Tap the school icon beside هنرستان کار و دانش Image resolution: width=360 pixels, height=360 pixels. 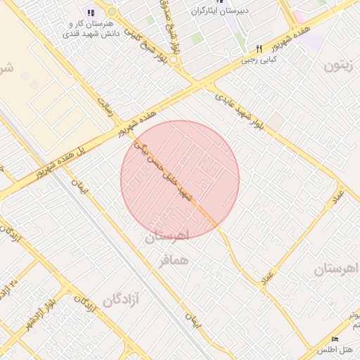click(91, 13)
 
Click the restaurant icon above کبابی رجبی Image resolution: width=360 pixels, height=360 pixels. click(259, 49)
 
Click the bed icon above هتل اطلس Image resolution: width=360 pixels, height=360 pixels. click(334, 339)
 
